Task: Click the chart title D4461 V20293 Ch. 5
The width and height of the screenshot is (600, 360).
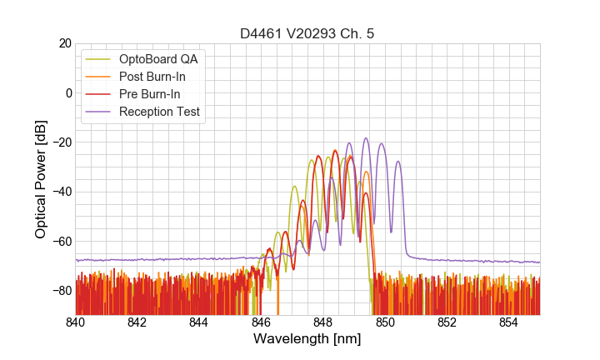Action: [x=307, y=34]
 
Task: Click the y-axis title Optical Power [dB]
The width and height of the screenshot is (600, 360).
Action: [x=41, y=179]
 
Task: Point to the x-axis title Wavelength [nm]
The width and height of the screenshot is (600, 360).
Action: [x=307, y=339]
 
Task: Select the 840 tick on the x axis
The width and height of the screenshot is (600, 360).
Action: [x=76, y=322]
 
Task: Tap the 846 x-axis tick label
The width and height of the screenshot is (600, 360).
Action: [x=261, y=322]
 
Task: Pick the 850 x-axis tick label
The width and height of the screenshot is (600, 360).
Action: [x=385, y=322]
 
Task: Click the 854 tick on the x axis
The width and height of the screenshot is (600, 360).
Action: [x=508, y=322]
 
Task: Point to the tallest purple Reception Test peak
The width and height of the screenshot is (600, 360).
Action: [x=366, y=139]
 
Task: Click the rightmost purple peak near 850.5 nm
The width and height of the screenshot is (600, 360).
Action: [x=398, y=162]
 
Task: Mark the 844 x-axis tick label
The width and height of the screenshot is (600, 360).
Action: [x=199, y=322]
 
